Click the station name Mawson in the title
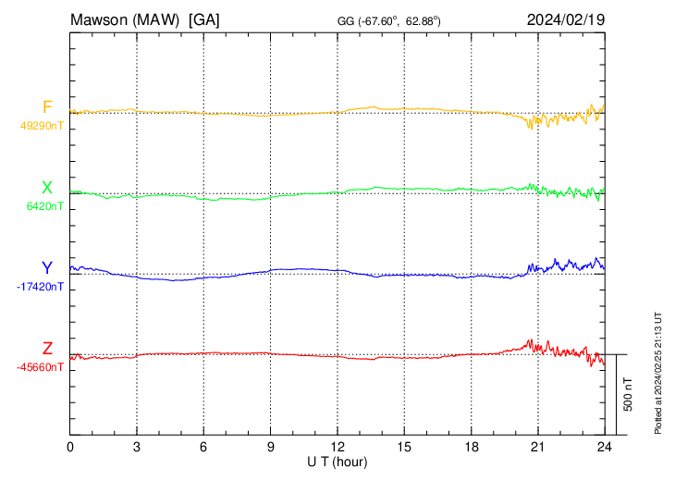click(x=100, y=18)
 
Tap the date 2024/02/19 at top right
click(x=565, y=18)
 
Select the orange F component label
click(x=47, y=107)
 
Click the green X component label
click(x=47, y=188)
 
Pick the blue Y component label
click(x=47, y=268)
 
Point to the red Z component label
click(x=47, y=349)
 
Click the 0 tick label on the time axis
click(x=70, y=447)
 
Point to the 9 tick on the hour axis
click(x=271, y=447)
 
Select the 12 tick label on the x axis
click(x=337, y=447)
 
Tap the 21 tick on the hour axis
click(x=537, y=447)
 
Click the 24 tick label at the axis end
click(x=604, y=447)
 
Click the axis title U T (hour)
click(x=337, y=461)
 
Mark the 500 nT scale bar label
click(x=628, y=394)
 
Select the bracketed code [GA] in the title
click(x=203, y=18)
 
